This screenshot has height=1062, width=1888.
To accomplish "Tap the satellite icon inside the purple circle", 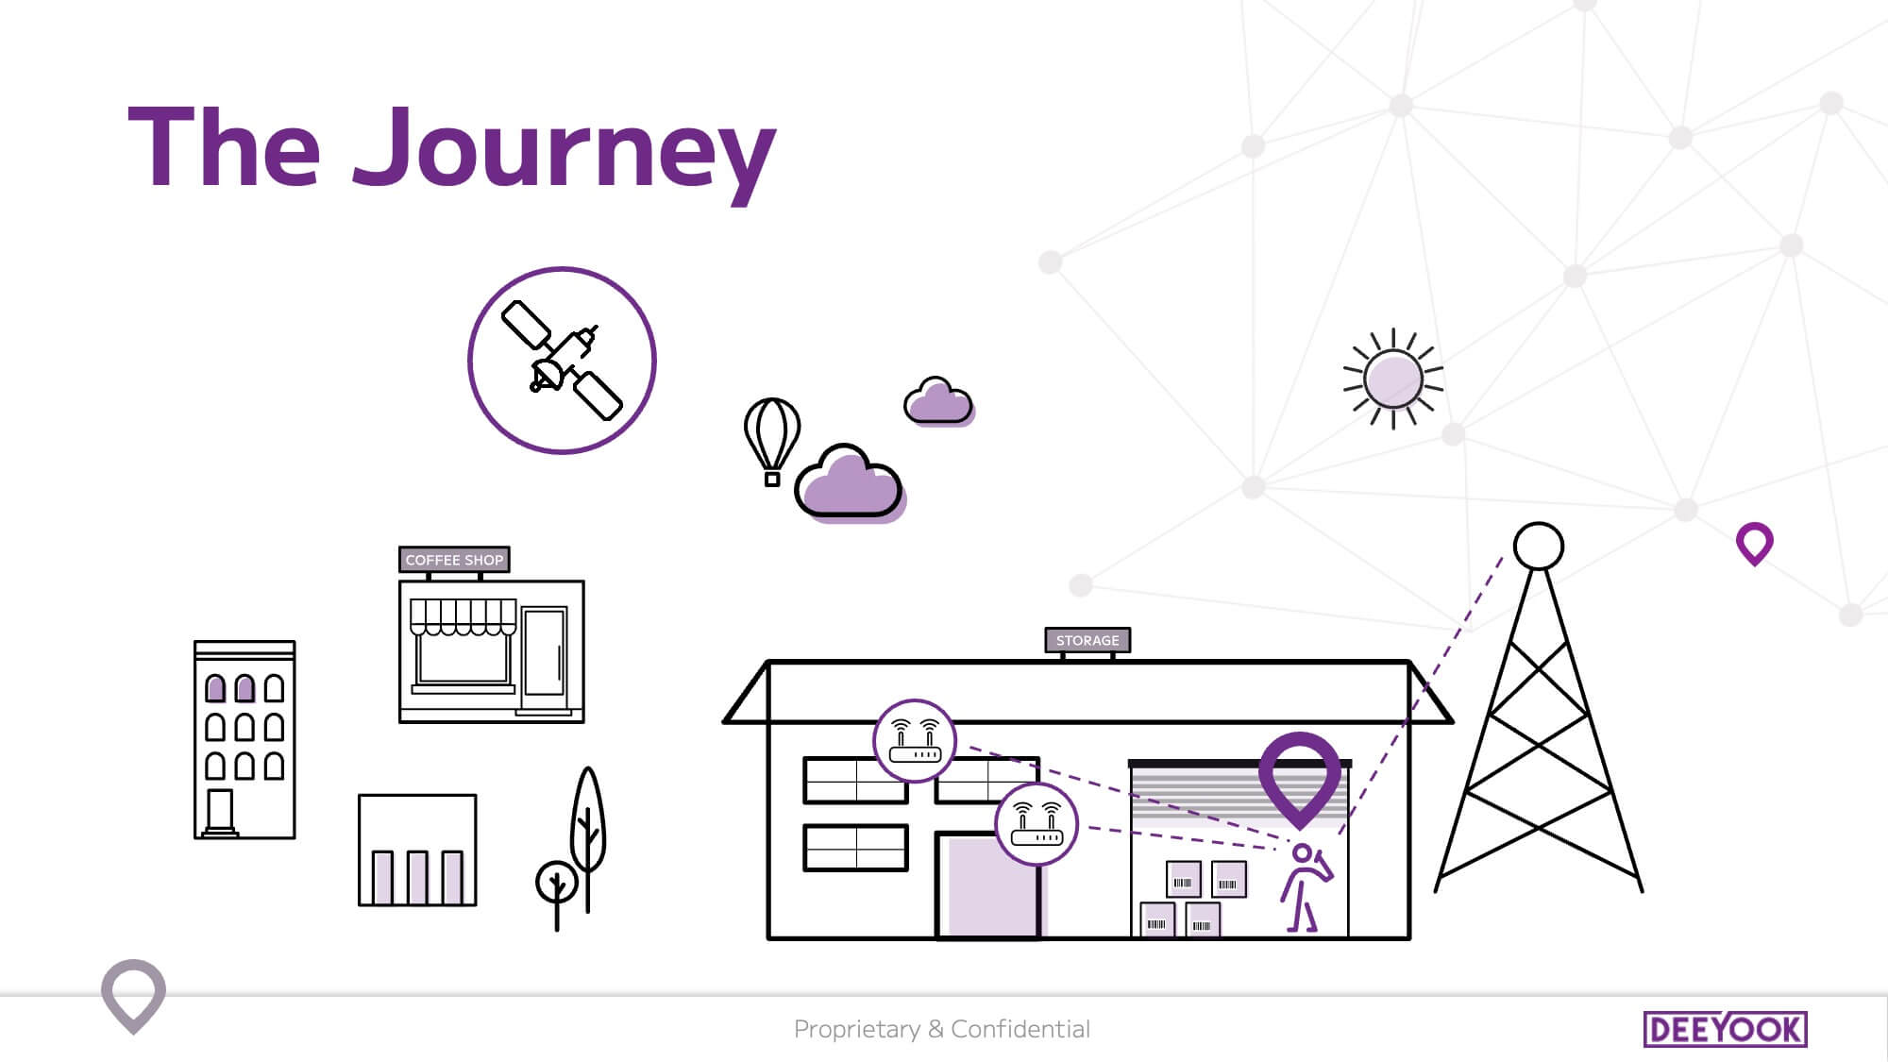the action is [x=562, y=360].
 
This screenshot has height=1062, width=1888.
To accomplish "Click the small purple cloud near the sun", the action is [x=938, y=401].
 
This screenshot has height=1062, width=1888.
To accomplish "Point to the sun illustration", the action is [x=1393, y=379].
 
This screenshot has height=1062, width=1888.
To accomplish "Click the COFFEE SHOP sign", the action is [x=454, y=560].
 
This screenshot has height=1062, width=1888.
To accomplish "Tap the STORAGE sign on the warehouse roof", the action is [x=1087, y=640].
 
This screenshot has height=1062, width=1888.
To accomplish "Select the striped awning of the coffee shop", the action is [x=463, y=617].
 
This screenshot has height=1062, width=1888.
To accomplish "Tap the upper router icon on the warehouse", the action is [x=914, y=741].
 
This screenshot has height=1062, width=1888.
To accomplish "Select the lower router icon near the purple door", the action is [x=1037, y=823].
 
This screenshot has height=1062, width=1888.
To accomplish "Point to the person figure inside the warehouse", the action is [x=1306, y=888].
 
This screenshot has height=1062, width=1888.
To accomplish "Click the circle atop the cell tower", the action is [x=1539, y=546].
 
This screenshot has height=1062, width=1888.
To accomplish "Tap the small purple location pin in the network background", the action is [x=1755, y=544].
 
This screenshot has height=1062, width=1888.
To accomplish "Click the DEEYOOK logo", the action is [x=1726, y=1029].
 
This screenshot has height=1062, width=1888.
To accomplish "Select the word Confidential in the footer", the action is [x=1020, y=1029].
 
